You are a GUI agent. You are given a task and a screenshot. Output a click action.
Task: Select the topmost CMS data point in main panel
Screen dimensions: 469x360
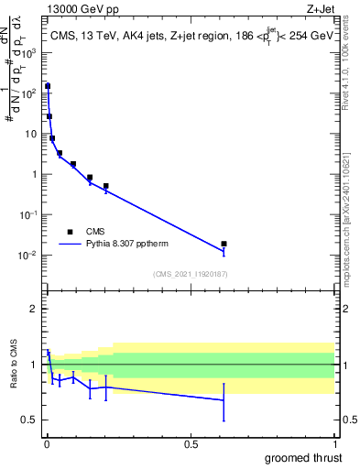pos(48,86)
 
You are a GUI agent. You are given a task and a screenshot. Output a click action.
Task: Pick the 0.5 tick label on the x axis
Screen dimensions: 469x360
pos(191,444)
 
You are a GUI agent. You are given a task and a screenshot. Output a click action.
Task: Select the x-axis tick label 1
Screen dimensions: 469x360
pos(334,444)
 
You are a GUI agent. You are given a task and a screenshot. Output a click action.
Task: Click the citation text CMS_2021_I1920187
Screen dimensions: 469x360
pos(191,273)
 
